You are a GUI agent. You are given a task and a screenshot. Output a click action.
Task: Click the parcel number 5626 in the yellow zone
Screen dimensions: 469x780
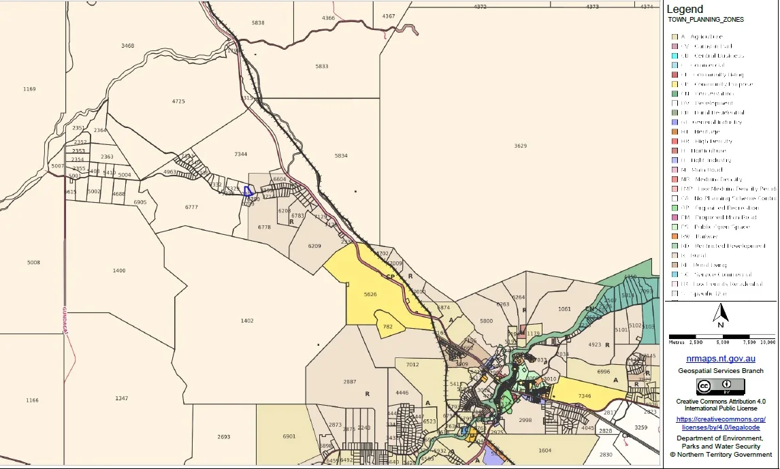point(370,295)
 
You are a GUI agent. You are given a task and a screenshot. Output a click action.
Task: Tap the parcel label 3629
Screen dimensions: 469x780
point(520,146)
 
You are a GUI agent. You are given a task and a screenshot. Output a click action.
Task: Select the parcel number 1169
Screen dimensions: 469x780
point(29,89)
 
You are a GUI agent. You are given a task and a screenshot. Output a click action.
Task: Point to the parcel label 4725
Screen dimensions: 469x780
point(178,101)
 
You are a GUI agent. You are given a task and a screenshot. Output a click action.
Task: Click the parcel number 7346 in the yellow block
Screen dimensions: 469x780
point(584,395)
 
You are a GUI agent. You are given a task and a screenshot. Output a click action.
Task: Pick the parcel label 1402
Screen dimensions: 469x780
point(246,321)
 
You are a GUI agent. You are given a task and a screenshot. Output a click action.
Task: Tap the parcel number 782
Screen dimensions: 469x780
point(388,327)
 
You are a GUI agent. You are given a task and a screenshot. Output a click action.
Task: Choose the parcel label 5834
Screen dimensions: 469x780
point(341,156)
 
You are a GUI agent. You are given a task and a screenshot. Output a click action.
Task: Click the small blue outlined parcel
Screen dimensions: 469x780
point(249,191)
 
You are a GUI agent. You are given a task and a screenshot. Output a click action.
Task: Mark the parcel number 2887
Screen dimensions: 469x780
point(350,382)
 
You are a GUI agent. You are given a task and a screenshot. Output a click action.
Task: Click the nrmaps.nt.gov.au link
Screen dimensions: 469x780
point(721,358)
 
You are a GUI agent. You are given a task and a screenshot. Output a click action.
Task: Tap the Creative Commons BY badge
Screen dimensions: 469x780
point(721,387)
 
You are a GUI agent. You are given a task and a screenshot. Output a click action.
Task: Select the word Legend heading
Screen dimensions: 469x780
point(685,10)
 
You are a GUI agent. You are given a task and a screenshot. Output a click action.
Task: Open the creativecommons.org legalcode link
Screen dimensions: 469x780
point(721,423)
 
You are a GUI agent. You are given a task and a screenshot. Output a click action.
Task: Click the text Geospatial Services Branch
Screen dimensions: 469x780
point(721,371)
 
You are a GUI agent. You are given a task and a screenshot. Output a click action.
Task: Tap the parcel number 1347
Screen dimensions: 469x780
point(121,398)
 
